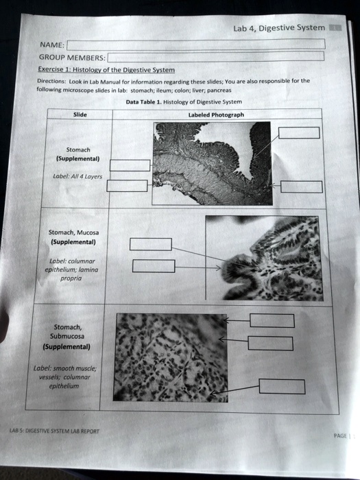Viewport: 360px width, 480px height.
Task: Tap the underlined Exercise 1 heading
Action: pyautogui.click(x=107, y=70)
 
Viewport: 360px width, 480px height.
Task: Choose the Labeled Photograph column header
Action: pyautogui.click(x=216, y=115)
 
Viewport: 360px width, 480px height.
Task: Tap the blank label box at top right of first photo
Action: pyautogui.click(x=298, y=132)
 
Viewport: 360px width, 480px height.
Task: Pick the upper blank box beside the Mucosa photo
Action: pyautogui.click(x=150, y=244)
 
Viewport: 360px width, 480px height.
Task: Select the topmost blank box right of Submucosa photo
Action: pyautogui.click(x=272, y=320)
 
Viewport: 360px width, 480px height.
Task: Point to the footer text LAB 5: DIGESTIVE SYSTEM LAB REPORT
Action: pyautogui.click(x=54, y=432)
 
